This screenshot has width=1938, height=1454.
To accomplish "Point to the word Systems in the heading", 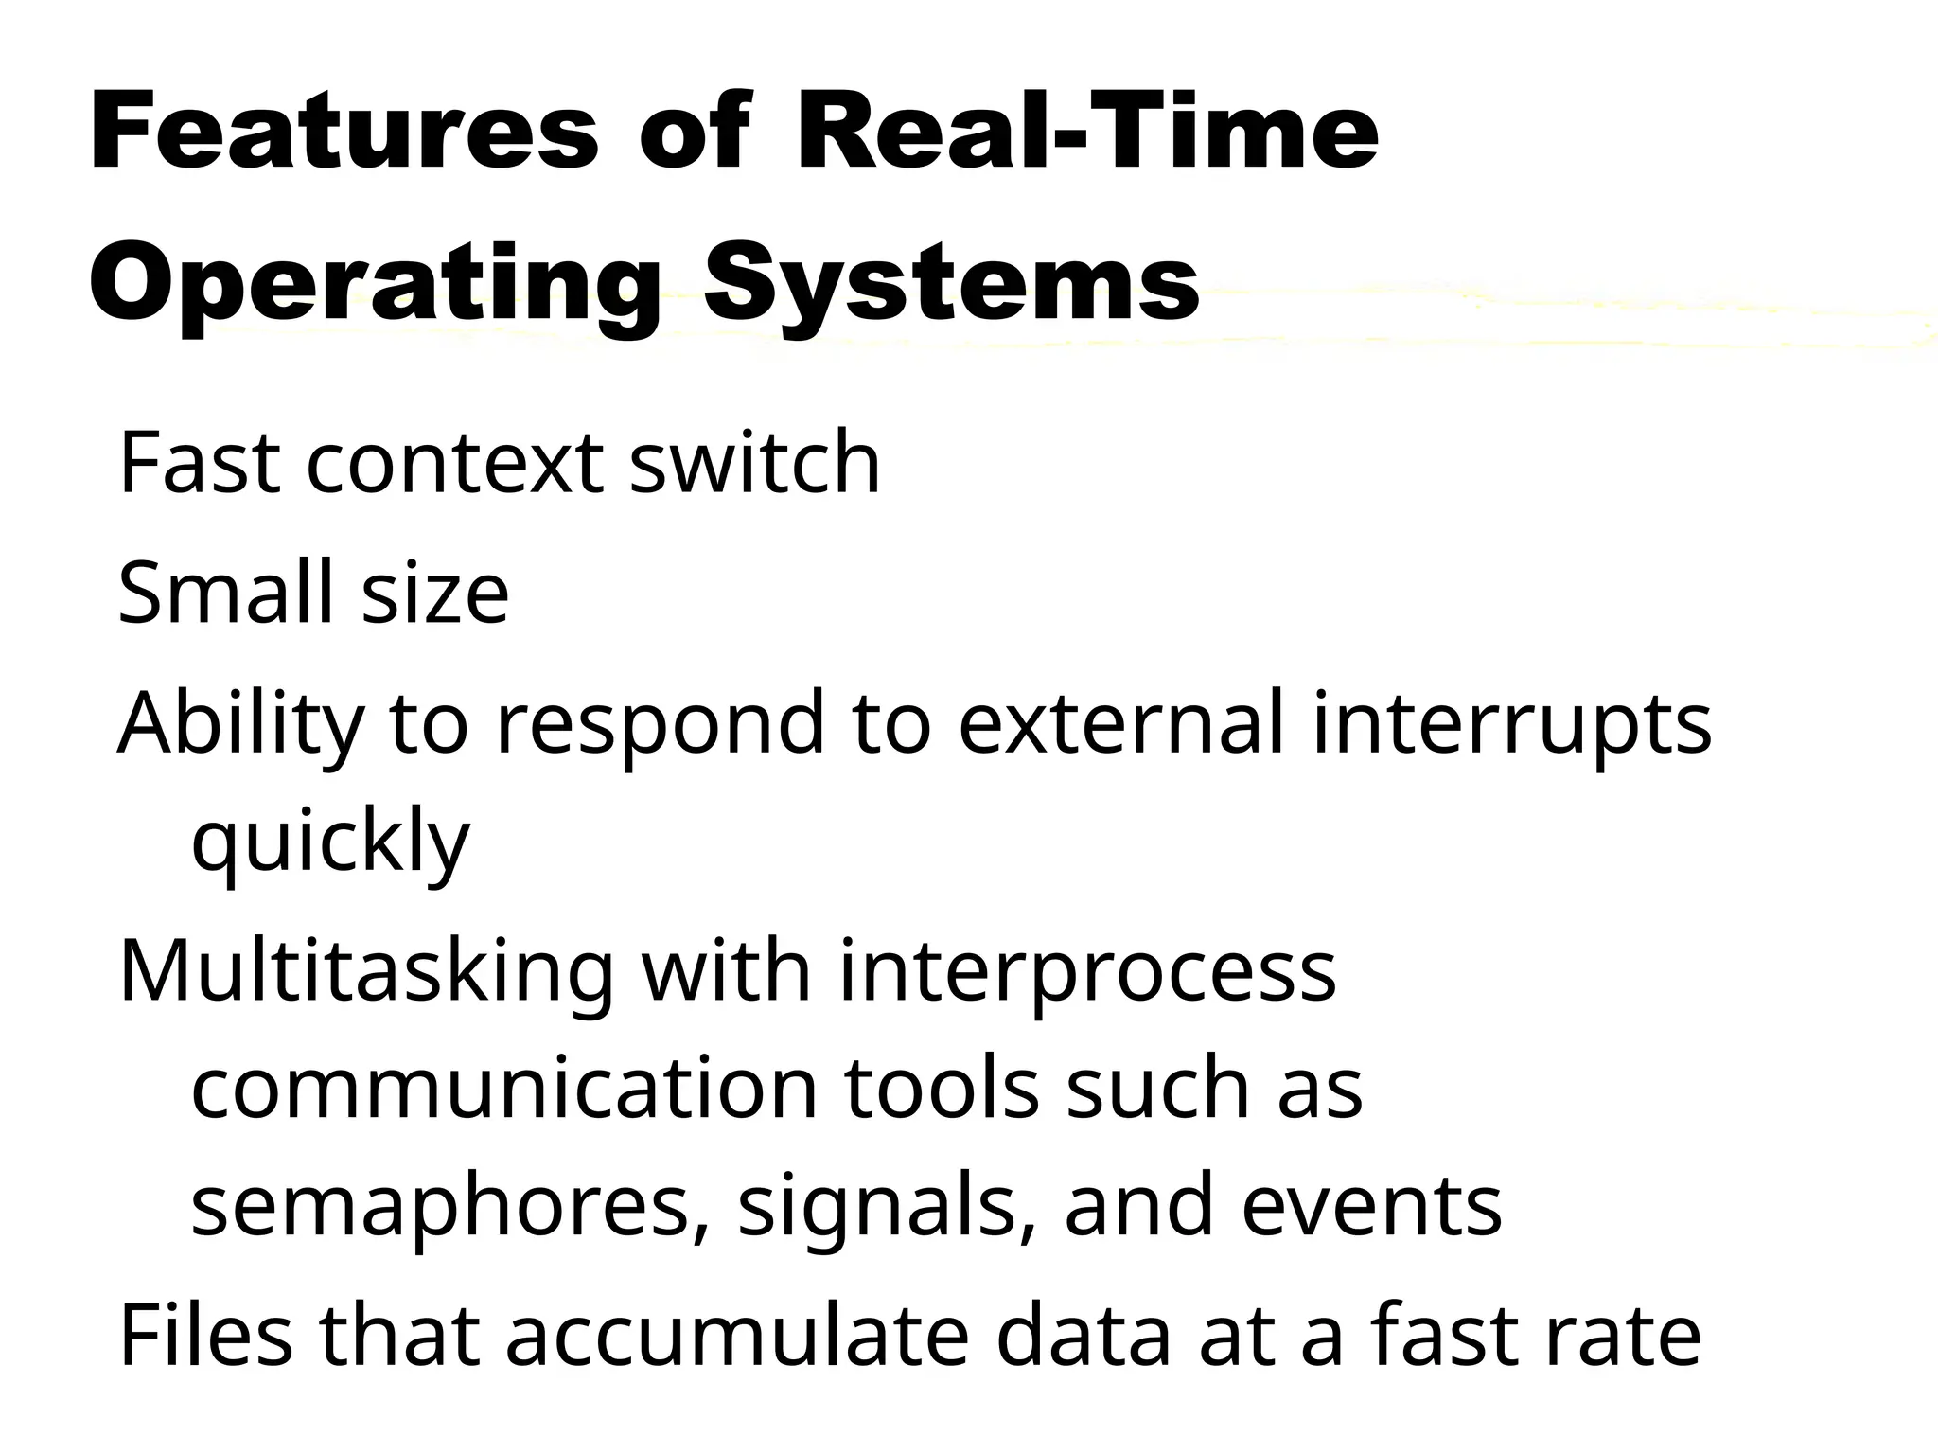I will tap(951, 281).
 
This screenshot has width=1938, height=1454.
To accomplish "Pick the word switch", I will tap(754, 463).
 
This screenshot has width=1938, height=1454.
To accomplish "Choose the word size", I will tap(435, 594).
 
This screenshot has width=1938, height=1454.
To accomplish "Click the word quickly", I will tap(330, 842).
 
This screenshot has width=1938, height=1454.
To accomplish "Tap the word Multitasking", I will tap(366, 973).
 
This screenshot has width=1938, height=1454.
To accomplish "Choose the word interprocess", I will tap(1086, 973).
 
